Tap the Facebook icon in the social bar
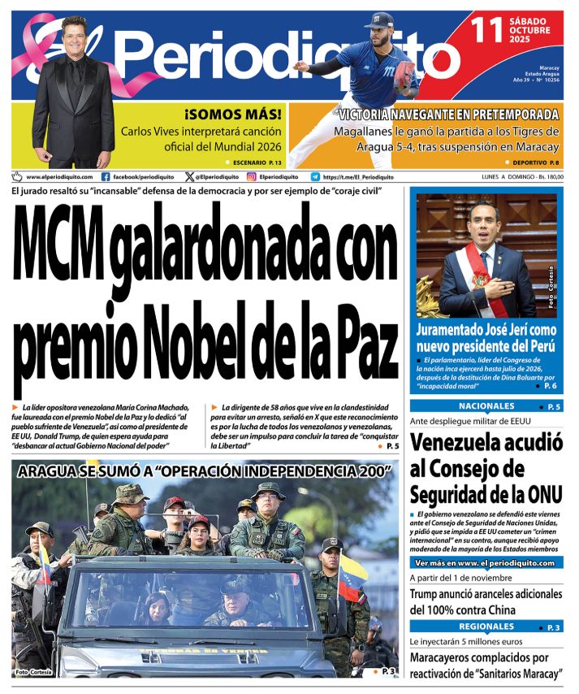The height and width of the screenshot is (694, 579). [106, 176]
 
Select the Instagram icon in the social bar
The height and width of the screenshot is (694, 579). [252, 176]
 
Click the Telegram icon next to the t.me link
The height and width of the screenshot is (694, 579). [315, 176]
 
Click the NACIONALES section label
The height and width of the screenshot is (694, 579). [486, 406]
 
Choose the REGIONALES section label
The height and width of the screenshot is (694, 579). [486, 627]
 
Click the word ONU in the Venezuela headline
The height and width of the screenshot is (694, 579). [536, 494]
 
